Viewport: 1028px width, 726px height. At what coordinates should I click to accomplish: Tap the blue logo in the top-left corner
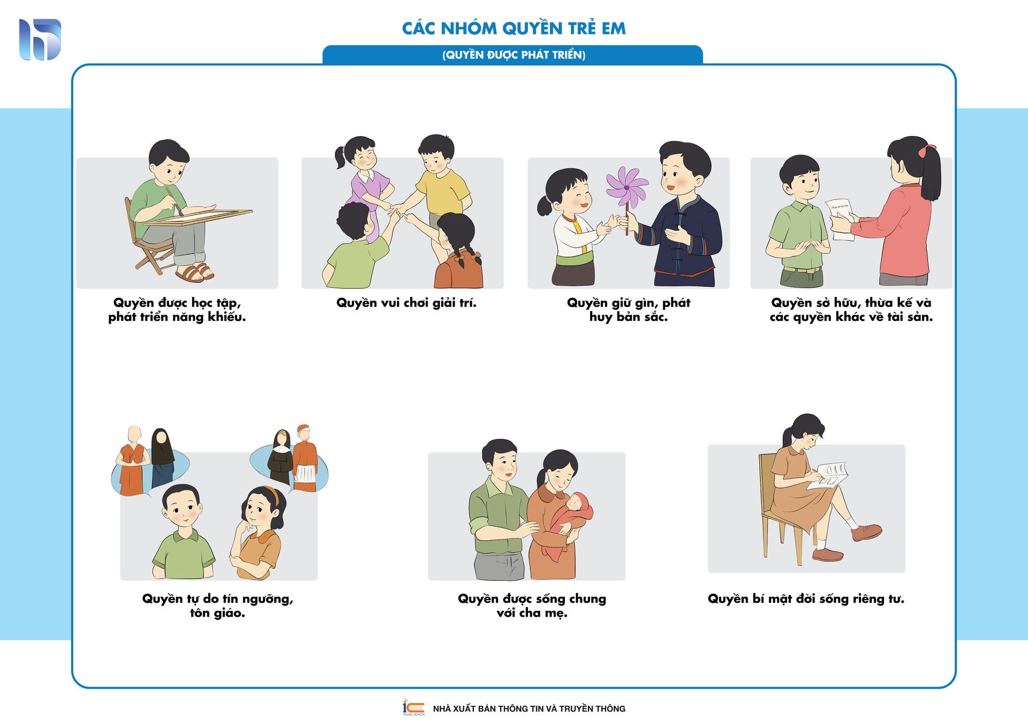(x=40, y=40)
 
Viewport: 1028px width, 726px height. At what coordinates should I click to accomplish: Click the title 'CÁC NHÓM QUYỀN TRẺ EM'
(x=514, y=28)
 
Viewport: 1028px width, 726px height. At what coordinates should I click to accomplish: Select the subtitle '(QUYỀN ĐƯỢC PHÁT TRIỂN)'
(x=514, y=55)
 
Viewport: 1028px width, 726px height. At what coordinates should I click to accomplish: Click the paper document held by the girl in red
(x=841, y=219)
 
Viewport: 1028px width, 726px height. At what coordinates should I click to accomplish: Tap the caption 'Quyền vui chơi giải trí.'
(x=406, y=303)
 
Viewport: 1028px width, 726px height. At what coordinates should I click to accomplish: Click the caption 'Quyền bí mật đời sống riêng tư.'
(x=806, y=598)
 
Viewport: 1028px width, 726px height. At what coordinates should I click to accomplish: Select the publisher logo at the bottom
(x=414, y=707)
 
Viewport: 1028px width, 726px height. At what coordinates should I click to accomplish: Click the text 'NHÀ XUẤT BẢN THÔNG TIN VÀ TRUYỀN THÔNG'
(x=529, y=709)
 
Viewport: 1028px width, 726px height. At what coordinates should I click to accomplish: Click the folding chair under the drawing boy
(x=150, y=241)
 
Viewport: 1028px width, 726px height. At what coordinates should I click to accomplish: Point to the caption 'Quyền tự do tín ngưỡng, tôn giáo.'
(x=218, y=605)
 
